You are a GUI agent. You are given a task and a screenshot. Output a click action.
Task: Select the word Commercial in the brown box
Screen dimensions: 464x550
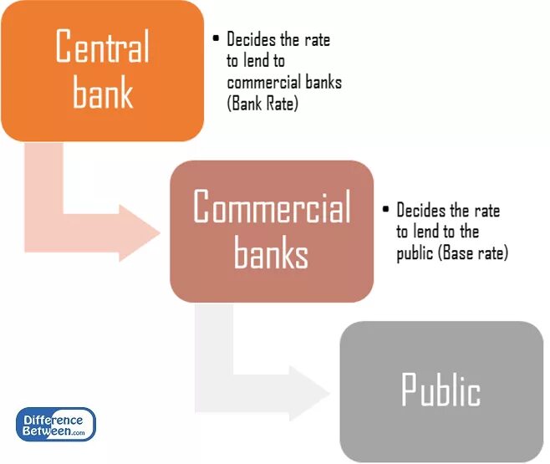tap(272, 207)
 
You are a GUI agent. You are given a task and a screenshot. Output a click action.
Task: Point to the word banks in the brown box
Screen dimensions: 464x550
tap(271, 252)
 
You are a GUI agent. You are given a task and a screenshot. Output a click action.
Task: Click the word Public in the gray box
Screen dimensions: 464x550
tap(441, 390)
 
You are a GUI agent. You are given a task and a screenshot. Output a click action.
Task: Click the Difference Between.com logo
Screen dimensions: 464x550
tap(56, 424)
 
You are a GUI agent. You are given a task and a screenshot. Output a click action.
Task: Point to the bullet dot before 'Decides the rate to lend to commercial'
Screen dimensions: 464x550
tap(216, 38)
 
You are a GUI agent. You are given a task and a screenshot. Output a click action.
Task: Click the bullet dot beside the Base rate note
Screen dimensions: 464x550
tap(385, 210)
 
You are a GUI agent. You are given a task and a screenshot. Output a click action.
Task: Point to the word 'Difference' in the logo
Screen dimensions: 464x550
tap(53, 419)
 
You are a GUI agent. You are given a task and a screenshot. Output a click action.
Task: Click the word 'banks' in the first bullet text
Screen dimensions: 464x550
tap(319, 83)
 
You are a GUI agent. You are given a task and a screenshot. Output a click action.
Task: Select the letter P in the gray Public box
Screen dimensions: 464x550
tap(410, 390)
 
